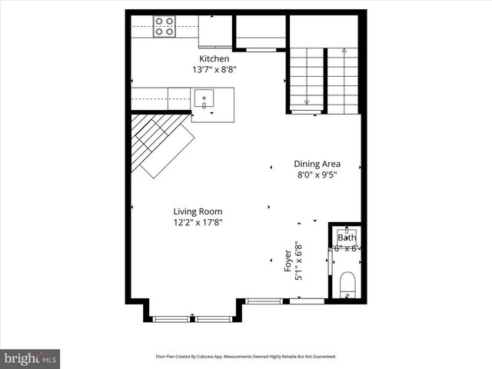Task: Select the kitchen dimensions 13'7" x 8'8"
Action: pyautogui.click(x=214, y=69)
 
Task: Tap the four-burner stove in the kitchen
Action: pyautogui.click(x=164, y=26)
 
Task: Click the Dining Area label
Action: pyautogui.click(x=317, y=164)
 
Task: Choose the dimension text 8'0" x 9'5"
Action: pyautogui.click(x=317, y=175)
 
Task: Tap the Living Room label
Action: pyautogui.click(x=198, y=211)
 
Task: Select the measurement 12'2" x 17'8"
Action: pyautogui.click(x=198, y=223)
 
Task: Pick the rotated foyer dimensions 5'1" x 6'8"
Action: pyautogui.click(x=299, y=261)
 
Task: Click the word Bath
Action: pyautogui.click(x=346, y=238)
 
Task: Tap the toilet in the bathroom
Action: pyautogui.click(x=347, y=284)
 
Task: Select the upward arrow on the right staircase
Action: pyautogui.click(x=344, y=52)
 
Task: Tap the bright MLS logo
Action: pyautogui.click(x=30, y=358)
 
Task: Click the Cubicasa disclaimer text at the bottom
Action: pyautogui.click(x=245, y=357)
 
